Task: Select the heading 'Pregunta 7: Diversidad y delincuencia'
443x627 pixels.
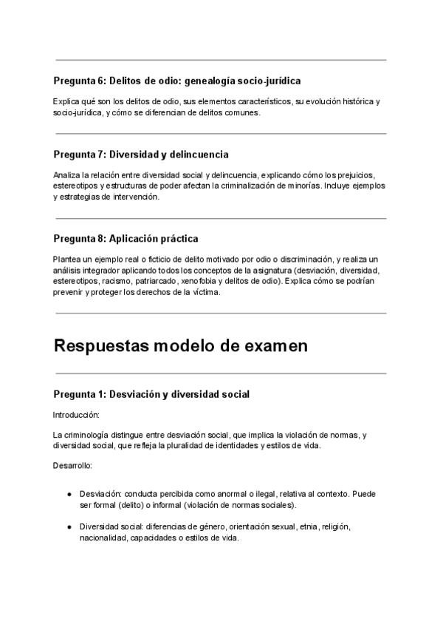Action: [140, 155]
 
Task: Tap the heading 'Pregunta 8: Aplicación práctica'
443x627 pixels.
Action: [126, 239]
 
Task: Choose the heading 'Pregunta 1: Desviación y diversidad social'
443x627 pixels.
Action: [151, 394]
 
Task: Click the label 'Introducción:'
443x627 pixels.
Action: [76, 415]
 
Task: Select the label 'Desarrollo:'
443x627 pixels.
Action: [72, 467]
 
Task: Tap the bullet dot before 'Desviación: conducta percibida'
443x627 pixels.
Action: [69, 493]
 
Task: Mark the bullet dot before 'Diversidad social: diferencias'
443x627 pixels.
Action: [69, 527]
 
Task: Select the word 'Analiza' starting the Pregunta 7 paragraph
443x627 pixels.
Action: [66, 174]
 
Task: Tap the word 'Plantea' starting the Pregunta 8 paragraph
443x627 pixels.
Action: [67, 259]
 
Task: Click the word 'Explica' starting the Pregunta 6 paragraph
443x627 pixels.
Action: [66, 101]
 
